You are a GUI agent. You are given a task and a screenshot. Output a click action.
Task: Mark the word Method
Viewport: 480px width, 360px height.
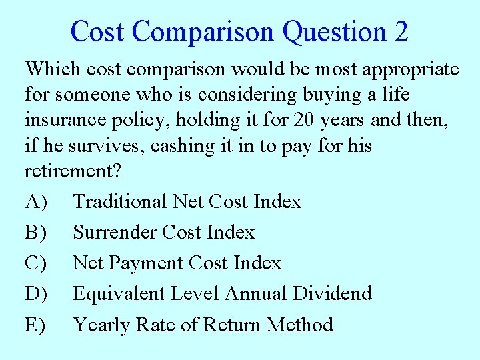299,325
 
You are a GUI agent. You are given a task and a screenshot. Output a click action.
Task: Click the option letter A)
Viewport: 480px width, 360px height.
36,201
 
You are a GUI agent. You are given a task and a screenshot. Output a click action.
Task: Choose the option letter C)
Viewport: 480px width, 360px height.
36,263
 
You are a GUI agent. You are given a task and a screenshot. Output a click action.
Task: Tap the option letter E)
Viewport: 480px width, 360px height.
36,325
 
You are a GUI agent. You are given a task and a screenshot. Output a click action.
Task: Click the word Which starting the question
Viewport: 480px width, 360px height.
53,69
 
